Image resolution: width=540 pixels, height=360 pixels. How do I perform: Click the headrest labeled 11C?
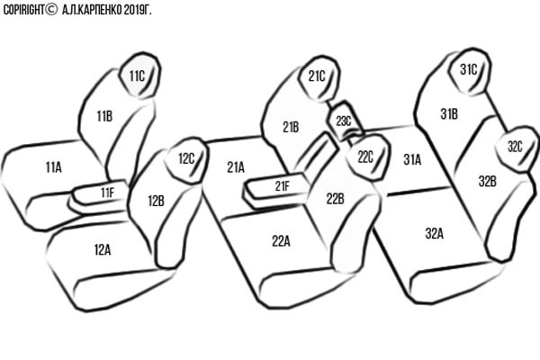[x=140, y=75]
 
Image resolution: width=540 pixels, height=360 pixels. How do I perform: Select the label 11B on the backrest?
[x=104, y=116]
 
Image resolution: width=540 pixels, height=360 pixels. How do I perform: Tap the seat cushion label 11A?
[x=54, y=167]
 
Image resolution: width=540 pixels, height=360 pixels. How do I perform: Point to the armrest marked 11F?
[x=100, y=193]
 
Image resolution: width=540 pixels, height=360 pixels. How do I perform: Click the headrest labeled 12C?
[x=187, y=160]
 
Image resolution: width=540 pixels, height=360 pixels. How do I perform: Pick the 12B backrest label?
[x=156, y=201]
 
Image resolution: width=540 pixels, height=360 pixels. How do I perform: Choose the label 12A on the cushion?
[x=103, y=250]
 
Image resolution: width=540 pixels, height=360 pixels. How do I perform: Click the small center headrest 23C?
[x=345, y=121]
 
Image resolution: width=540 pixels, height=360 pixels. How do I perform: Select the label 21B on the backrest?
[x=291, y=127]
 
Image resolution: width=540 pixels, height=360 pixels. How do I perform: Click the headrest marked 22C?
[x=367, y=157]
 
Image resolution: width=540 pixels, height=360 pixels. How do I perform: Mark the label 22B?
[x=335, y=199]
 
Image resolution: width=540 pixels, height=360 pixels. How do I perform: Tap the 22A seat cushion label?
[x=281, y=241]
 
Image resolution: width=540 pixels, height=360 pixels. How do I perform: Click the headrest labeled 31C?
[x=470, y=71]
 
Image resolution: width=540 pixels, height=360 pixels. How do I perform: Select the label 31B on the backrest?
[x=449, y=113]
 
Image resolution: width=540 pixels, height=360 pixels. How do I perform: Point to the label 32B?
[x=487, y=181]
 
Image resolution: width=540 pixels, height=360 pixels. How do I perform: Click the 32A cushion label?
[x=435, y=234]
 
